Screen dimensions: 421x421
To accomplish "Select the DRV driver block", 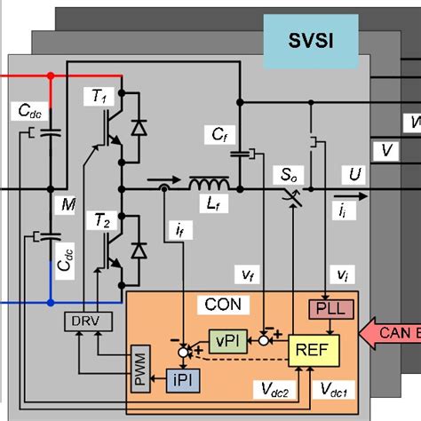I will tap(83, 320).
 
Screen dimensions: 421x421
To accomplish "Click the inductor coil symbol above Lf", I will tap(208, 185).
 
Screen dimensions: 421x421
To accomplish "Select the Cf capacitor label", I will tap(219, 134).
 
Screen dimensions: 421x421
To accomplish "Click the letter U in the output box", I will tap(355, 174).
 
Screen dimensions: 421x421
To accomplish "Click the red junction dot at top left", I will tap(50, 76).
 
